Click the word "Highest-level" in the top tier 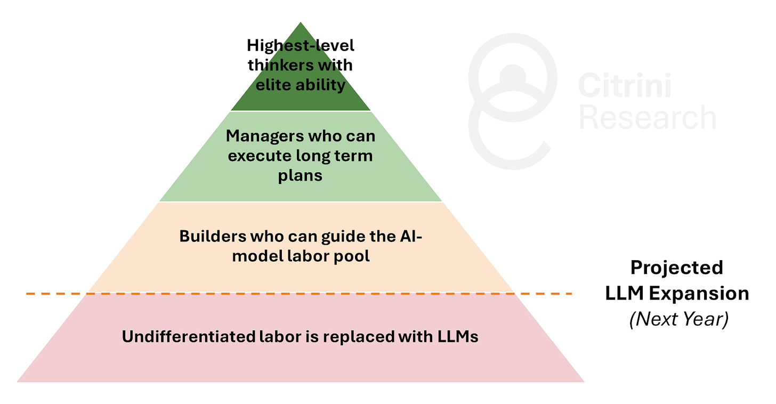coord(301,46)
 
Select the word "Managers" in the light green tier coord(261,136)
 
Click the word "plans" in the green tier coord(300,176)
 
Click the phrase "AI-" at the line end coord(409,236)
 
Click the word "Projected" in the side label coord(677,267)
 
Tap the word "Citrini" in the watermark coord(625,86)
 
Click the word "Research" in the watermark coord(648,117)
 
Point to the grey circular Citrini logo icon coord(512,101)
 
